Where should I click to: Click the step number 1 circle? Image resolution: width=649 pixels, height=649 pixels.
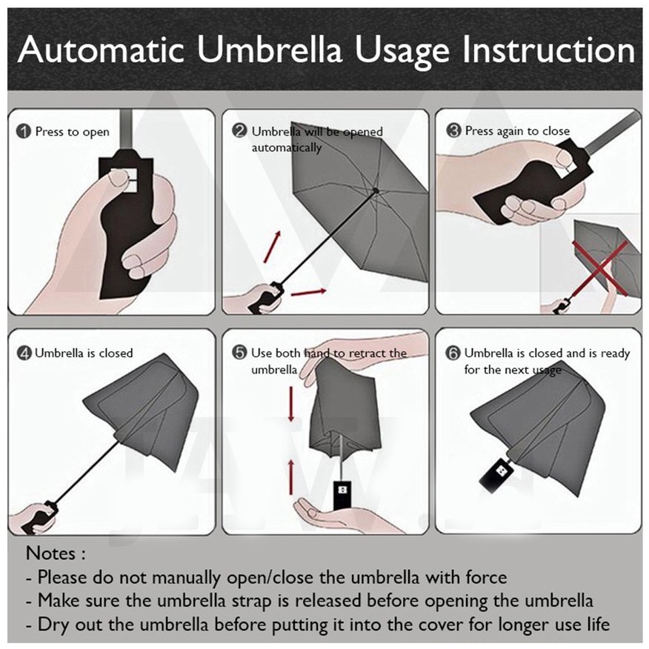[24, 132]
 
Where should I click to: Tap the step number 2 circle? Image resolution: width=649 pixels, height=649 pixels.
[239, 131]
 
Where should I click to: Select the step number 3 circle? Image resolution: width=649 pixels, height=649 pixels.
[454, 131]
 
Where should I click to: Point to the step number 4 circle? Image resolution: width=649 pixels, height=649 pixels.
[24, 353]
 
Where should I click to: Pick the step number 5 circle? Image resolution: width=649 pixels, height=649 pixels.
[239, 353]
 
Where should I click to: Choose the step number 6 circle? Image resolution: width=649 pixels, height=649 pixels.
[453, 353]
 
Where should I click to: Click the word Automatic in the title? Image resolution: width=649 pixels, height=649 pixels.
[101, 50]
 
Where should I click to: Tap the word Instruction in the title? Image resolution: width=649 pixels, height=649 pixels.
[548, 50]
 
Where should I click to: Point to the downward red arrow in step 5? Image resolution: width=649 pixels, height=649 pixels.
[291, 404]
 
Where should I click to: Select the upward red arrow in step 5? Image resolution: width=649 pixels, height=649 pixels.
[291, 477]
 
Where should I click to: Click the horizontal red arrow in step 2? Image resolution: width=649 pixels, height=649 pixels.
[309, 292]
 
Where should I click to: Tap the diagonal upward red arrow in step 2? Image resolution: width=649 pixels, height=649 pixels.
[273, 247]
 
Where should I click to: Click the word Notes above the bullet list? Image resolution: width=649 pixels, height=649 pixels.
[51, 553]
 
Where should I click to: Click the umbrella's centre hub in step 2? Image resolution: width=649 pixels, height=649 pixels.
[376, 191]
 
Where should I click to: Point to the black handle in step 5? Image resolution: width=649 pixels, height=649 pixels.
[342, 495]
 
